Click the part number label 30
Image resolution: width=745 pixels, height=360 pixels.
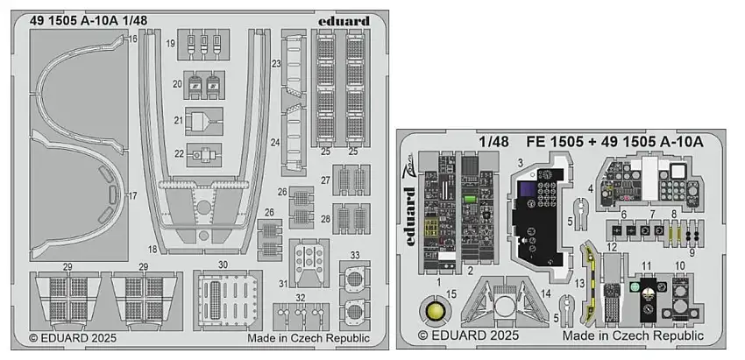[x=223, y=265]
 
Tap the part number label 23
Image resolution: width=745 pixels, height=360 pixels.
[x=275, y=64]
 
